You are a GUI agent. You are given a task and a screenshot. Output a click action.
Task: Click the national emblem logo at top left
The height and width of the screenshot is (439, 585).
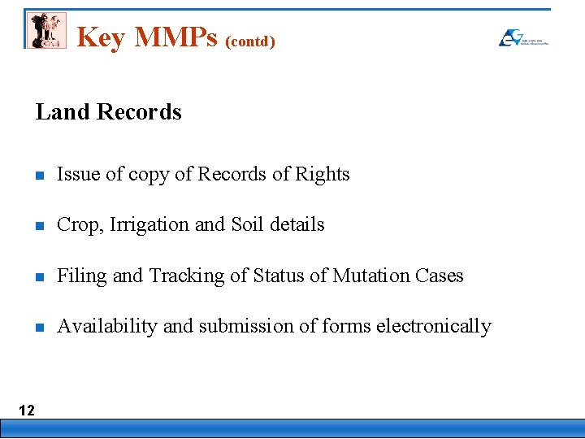(x=45, y=30)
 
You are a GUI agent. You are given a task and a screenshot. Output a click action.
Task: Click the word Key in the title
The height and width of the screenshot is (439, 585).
(x=100, y=37)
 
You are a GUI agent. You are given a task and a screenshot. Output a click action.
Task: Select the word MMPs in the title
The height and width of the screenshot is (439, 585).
(x=175, y=37)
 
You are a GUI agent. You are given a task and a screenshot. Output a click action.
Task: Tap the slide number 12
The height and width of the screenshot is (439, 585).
(x=27, y=410)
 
